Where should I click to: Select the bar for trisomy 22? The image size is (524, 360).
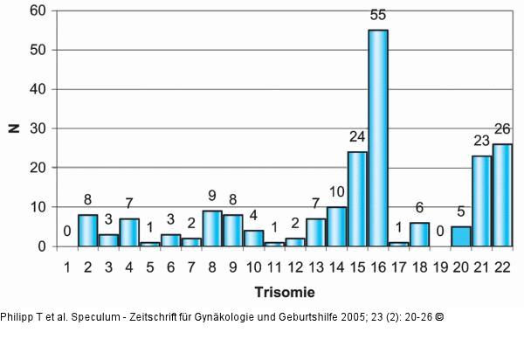click(x=502, y=195)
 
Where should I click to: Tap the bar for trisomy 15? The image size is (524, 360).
click(x=357, y=199)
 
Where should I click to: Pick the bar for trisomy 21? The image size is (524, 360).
click(x=482, y=201)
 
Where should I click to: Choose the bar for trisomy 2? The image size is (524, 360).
click(x=87, y=231)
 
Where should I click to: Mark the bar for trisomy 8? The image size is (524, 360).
click(x=212, y=229)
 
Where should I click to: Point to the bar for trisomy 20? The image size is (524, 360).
click(x=461, y=236)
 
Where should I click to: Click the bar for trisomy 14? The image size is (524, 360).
click(x=336, y=226)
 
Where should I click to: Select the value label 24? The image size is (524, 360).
click(x=357, y=138)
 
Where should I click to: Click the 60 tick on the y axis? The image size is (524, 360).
click(x=38, y=11)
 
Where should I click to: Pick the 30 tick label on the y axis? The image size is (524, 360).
click(x=38, y=128)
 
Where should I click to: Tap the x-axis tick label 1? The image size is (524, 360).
click(x=66, y=265)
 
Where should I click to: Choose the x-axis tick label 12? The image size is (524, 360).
click(x=295, y=265)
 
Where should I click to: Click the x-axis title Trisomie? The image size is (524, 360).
click(x=284, y=290)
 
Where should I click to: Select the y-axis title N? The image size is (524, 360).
click(x=13, y=128)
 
